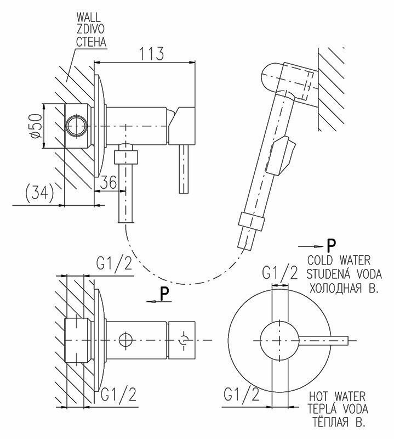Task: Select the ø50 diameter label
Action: pos(35,127)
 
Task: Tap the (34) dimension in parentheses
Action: pos(39,194)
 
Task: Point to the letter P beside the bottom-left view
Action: pos(164,295)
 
